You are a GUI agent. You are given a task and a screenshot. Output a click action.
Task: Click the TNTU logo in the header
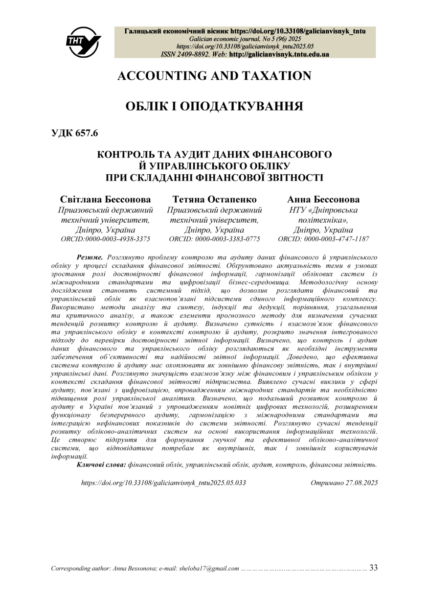click(83, 42)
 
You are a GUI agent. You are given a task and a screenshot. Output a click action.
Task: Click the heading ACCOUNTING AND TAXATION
click(214, 76)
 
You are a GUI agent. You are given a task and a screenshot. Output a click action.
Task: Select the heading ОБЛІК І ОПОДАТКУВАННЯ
click(214, 106)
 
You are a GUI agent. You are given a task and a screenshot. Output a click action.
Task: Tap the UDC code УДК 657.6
click(75, 133)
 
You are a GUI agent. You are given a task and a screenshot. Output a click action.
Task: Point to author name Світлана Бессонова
click(105, 199)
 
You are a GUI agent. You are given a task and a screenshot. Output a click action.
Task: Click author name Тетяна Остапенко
click(214, 199)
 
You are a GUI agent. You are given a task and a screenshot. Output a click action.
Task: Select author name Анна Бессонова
click(323, 199)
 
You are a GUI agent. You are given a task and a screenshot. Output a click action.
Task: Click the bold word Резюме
click(90, 257)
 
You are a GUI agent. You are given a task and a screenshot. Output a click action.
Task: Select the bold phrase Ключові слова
click(101, 465)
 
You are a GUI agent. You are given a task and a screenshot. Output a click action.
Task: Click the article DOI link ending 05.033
click(163, 483)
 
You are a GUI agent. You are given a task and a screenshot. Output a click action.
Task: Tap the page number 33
click(373, 568)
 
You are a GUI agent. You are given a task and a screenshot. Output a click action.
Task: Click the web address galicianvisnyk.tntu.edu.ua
click(279, 54)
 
